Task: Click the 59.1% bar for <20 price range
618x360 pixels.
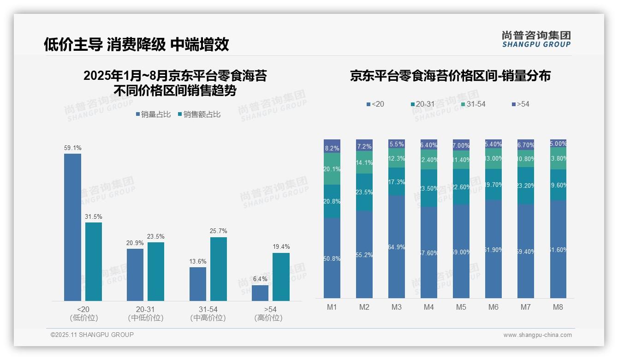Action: (72, 227)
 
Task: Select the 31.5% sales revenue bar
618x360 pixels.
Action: (94, 262)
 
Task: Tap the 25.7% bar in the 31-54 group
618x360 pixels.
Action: (219, 269)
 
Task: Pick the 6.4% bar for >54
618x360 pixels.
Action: (260, 293)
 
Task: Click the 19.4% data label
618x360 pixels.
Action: (281, 246)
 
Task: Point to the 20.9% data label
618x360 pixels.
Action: (135, 243)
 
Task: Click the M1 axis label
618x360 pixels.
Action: (332, 307)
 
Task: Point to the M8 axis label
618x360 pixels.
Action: (558, 307)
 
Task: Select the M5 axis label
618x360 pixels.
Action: (461, 307)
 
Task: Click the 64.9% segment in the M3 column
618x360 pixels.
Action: (397, 247)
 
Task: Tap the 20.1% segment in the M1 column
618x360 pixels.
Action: (332, 169)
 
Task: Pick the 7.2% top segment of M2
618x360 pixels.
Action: (364, 145)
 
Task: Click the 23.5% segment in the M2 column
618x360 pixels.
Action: (364, 192)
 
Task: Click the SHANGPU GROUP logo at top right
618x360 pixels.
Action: (536, 39)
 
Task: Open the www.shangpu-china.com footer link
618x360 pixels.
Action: (537, 335)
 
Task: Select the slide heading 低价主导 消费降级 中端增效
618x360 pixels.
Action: (137, 44)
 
